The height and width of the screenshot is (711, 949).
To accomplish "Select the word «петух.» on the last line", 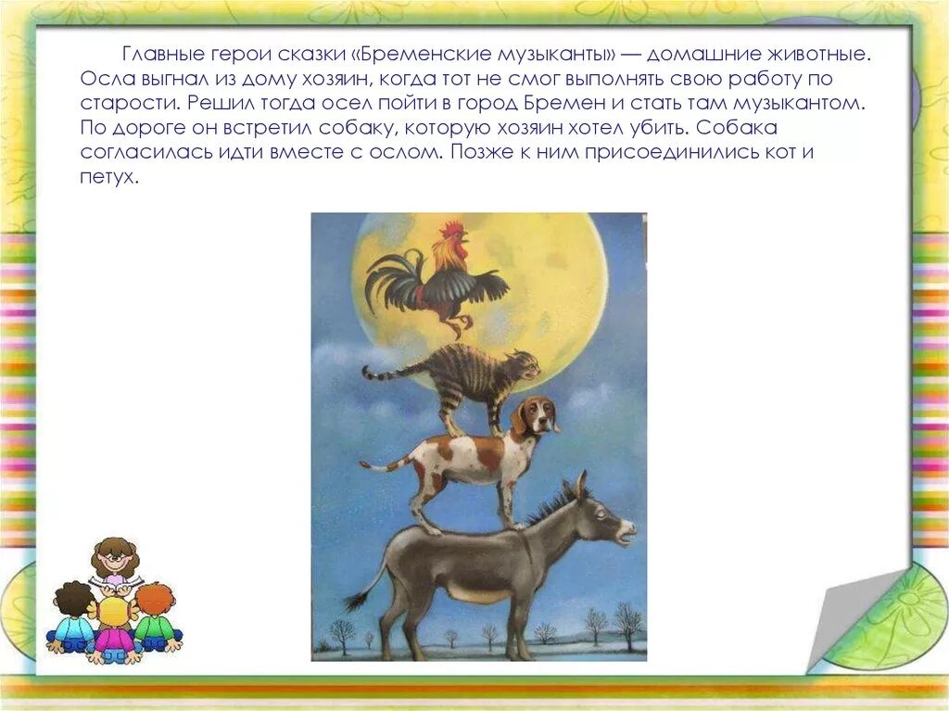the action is click(x=109, y=177).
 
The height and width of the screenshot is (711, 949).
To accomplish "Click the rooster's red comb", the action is click(x=451, y=230).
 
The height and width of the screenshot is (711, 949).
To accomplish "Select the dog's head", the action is click(x=536, y=415).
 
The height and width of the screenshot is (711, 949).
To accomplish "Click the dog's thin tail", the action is click(x=386, y=465).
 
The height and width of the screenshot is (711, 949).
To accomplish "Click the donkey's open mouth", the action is click(x=625, y=534).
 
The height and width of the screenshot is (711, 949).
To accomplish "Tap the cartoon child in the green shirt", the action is click(x=156, y=616).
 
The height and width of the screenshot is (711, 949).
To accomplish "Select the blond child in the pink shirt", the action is click(x=114, y=629).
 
